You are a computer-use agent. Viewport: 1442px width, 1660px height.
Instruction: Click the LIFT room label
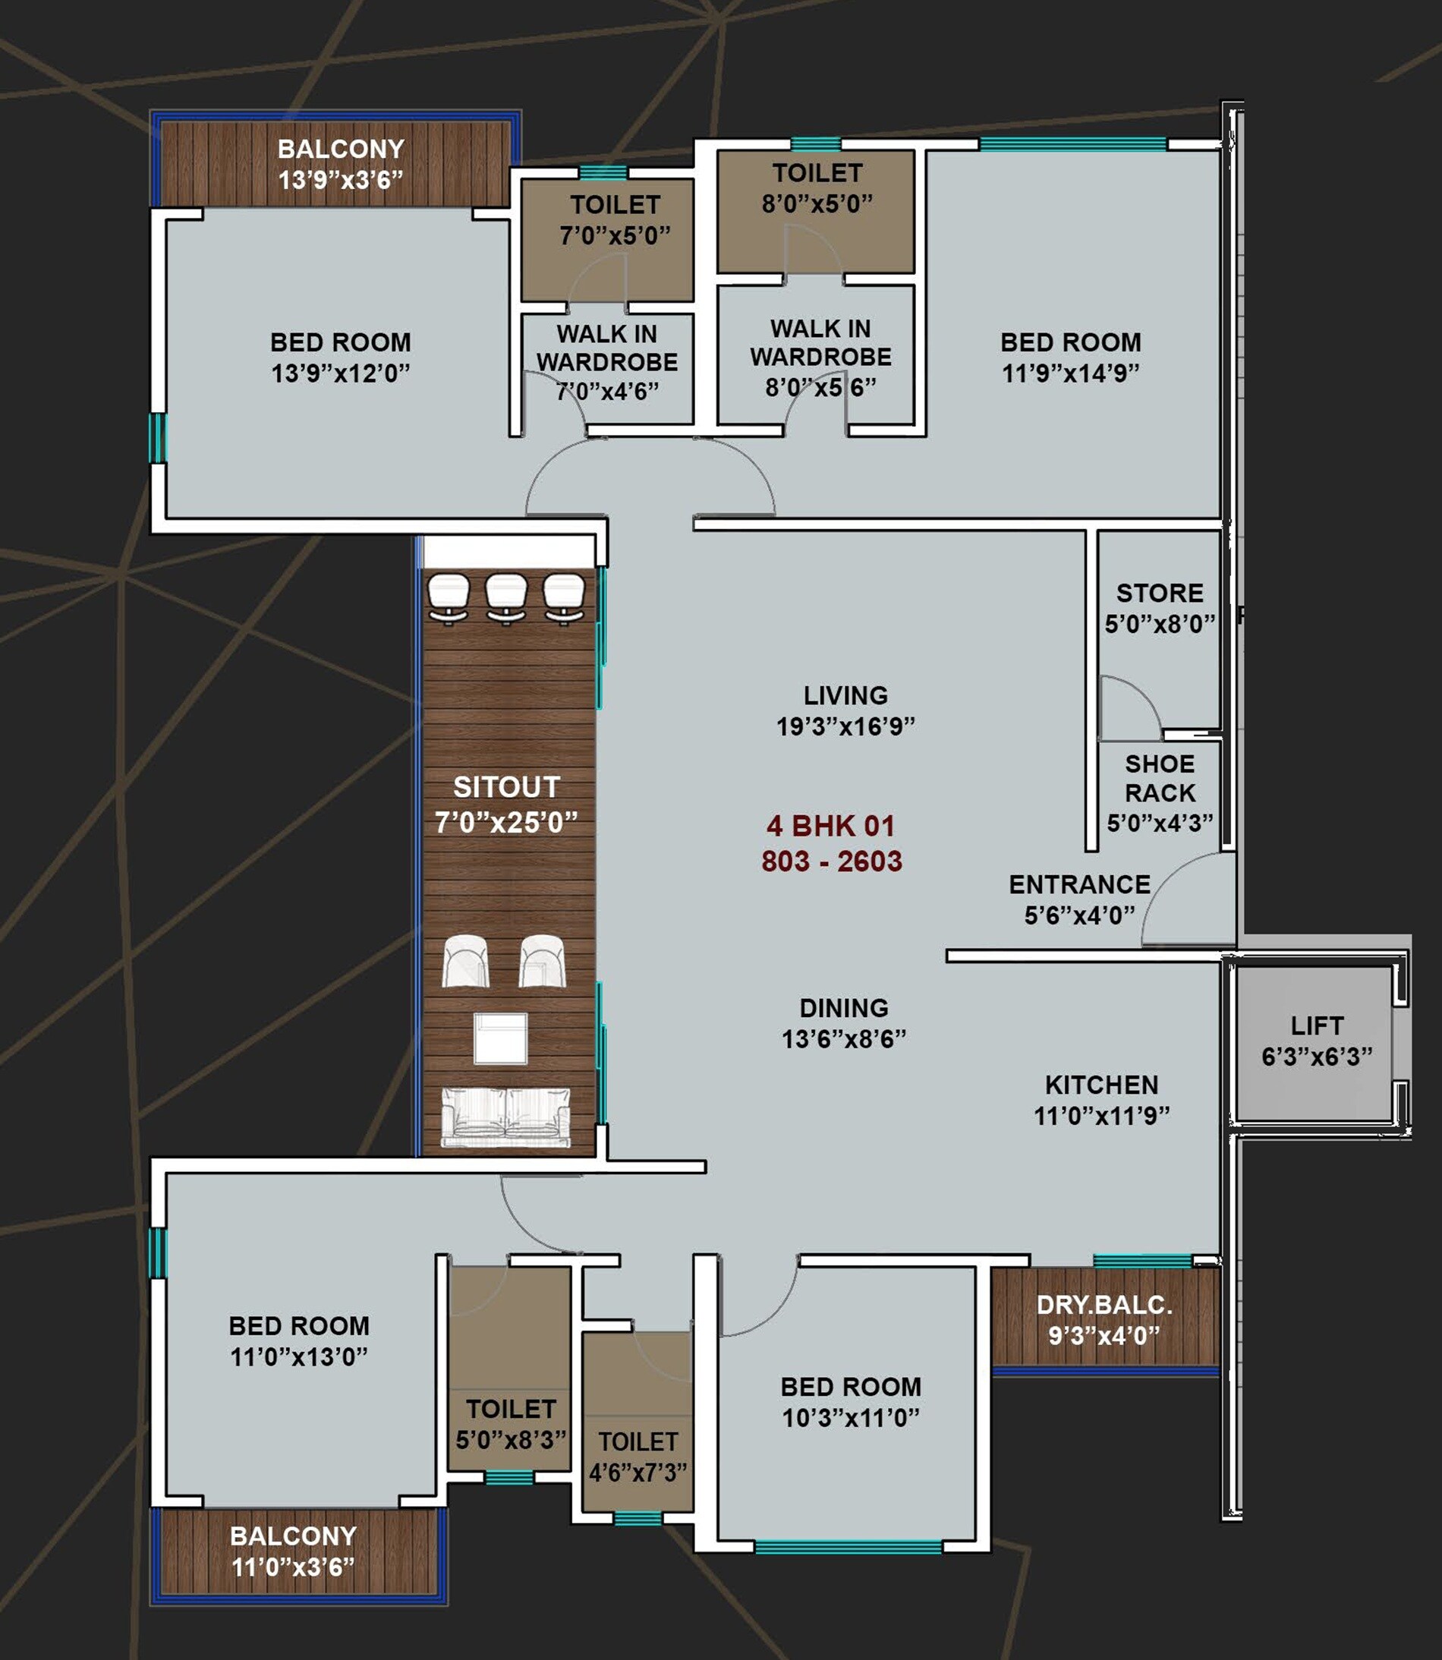click(1317, 1040)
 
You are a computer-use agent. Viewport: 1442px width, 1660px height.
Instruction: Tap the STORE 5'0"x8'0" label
click(1160, 607)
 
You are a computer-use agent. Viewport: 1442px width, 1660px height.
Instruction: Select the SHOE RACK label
click(1160, 778)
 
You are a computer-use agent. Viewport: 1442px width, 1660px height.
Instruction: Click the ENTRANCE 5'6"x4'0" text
click(1079, 899)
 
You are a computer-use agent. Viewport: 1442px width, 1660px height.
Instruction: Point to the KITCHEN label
click(1102, 1085)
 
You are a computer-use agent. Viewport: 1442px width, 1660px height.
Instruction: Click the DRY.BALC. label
click(1104, 1304)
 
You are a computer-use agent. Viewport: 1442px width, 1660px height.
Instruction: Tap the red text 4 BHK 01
click(830, 826)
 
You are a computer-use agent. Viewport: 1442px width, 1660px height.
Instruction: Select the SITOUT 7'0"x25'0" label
click(506, 804)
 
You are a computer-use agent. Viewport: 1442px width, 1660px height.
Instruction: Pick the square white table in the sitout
click(500, 1038)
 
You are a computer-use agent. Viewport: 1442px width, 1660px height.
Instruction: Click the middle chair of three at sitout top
click(506, 597)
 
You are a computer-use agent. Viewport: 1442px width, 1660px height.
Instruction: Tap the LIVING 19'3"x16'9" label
click(845, 710)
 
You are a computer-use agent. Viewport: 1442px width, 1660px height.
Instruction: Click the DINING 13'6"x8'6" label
click(843, 1022)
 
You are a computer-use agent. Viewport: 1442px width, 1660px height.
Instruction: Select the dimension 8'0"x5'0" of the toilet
click(817, 203)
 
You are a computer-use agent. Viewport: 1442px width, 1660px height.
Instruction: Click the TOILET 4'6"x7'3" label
click(638, 1457)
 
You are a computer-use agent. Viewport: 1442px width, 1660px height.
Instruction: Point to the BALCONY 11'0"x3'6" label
click(293, 1551)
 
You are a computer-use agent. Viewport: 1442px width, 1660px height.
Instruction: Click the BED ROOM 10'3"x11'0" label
click(851, 1401)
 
